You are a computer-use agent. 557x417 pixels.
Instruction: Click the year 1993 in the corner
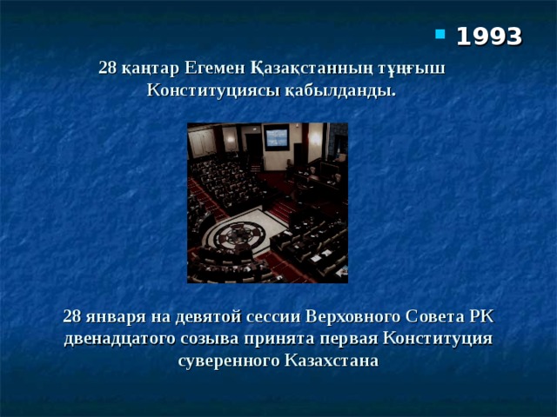(x=489, y=36)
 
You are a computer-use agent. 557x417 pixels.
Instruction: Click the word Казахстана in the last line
(x=332, y=360)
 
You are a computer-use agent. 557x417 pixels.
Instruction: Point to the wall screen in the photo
(x=276, y=136)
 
